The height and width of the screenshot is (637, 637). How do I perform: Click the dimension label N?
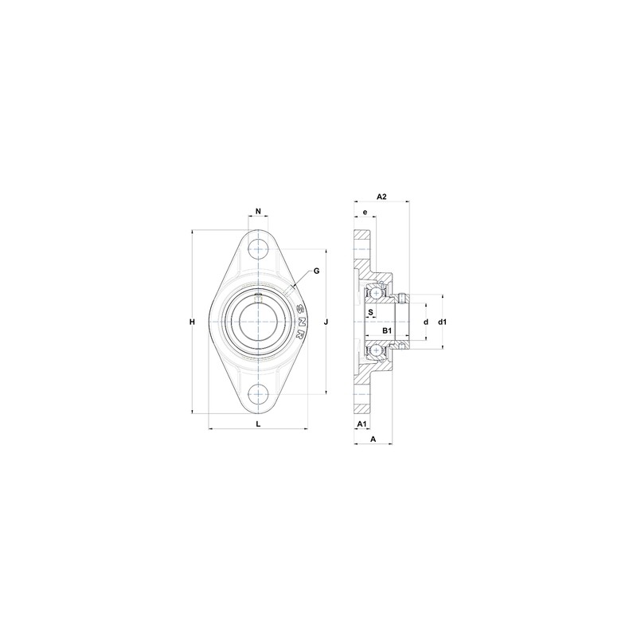(258, 211)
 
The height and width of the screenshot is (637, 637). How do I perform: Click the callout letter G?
(316, 271)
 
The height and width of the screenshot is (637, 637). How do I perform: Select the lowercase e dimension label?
(365, 213)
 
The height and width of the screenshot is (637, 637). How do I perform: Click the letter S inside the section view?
(371, 312)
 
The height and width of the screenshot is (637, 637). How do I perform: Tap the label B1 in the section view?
(387, 330)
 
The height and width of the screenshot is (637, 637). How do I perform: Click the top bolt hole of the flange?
(258, 248)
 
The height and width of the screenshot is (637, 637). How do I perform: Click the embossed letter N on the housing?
(301, 322)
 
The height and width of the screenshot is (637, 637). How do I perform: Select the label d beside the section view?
(426, 322)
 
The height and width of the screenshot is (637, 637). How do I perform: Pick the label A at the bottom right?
(373, 439)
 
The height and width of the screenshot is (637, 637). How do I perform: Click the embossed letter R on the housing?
(300, 335)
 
